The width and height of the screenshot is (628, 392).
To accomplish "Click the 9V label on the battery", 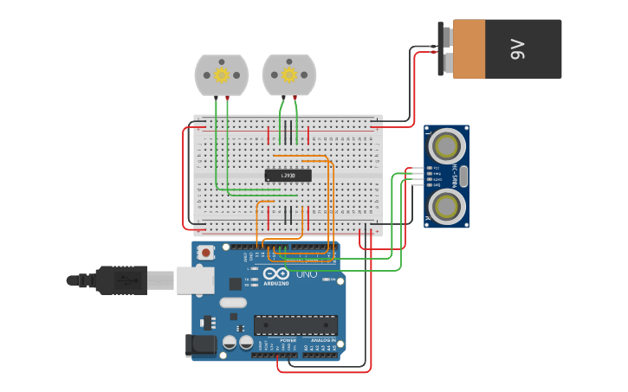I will [x=518, y=49].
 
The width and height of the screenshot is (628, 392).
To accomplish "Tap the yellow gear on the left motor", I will [x=221, y=75].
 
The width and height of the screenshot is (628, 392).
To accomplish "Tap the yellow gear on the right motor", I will [x=289, y=75].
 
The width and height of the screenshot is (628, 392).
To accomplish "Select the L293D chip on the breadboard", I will [x=288, y=176].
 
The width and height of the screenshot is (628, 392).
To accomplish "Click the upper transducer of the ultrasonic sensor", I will [x=446, y=144].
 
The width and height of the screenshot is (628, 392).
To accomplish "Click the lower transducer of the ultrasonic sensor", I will [x=446, y=207].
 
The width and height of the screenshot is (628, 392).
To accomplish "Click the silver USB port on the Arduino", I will [x=195, y=280].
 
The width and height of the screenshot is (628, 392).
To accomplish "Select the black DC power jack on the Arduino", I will [x=202, y=345].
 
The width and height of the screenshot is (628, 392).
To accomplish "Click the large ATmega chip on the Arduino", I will [x=295, y=325].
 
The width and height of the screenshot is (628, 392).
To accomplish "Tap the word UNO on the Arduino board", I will [x=307, y=274].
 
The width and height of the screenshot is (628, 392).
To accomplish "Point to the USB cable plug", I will [x=121, y=280].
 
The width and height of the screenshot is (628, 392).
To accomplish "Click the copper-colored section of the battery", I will [x=469, y=49].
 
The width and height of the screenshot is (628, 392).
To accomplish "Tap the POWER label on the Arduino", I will [x=288, y=341].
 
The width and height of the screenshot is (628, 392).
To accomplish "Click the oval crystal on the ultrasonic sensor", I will [x=463, y=176].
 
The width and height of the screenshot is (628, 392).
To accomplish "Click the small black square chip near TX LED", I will [x=235, y=284].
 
